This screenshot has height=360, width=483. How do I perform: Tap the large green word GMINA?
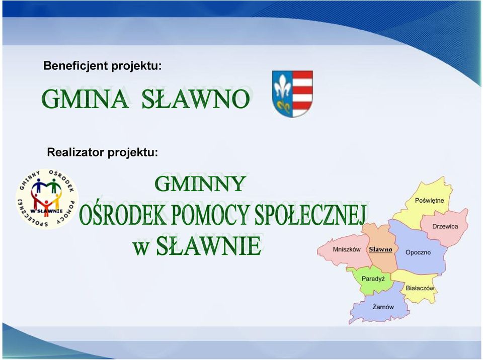(85, 99)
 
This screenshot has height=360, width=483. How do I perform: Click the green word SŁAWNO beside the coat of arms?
(195, 99)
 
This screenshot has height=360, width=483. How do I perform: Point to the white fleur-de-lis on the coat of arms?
(282, 87)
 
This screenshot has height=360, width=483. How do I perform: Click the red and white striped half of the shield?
(302, 94)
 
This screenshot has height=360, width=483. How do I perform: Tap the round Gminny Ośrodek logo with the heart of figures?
(47, 199)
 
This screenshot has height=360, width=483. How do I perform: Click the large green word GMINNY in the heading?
(200, 184)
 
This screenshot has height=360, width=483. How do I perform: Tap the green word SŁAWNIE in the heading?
(208, 246)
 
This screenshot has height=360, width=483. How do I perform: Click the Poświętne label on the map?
(429, 201)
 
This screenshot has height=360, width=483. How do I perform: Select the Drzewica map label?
(445, 226)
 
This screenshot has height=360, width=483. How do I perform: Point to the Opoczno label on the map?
(418, 252)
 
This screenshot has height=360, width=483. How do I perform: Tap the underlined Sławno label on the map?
(380, 249)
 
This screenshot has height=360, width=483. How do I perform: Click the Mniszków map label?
(347, 249)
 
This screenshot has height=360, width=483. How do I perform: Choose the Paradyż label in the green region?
(373, 279)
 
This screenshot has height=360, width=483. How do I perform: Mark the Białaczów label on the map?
(420, 288)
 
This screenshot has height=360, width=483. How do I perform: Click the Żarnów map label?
(383, 307)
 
